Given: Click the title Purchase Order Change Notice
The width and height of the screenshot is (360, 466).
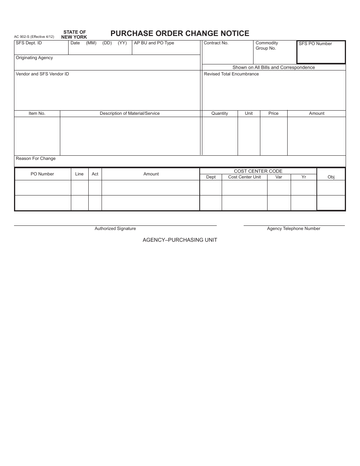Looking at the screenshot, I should tap(180, 33).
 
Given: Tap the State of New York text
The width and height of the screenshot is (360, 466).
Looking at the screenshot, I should tap(74, 34).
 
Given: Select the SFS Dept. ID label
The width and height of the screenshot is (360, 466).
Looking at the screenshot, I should tap(29, 43).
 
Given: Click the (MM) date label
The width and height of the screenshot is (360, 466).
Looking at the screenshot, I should tap(91, 43).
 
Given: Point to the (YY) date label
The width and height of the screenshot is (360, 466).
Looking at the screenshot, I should tap(122, 43).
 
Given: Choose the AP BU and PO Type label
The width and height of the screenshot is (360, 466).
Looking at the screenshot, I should tap(154, 43).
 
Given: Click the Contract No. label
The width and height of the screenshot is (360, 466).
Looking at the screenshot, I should tap(216, 43).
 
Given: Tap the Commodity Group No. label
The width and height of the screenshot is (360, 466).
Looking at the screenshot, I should tap(266, 45).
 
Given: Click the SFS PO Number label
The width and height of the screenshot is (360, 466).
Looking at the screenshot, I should tap(315, 44).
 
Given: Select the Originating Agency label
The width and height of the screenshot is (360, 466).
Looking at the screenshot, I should tap(34, 58).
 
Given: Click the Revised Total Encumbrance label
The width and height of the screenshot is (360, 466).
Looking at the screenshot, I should tap(231, 74).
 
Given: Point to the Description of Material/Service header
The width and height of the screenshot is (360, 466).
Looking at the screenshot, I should tap(130, 113).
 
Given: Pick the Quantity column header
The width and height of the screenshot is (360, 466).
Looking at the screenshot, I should tap(220, 113).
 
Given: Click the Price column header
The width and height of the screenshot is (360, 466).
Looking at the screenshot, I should tap(273, 113).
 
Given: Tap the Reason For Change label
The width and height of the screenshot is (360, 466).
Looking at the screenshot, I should tap(36, 158).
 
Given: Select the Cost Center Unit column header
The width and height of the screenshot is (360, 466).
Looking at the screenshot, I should tap(244, 177).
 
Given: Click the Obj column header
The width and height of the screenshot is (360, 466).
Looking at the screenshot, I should tap(331, 177).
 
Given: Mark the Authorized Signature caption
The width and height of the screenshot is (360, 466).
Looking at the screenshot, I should tap(115, 228).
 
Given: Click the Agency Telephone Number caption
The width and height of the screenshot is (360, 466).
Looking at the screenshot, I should tap(294, 228).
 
